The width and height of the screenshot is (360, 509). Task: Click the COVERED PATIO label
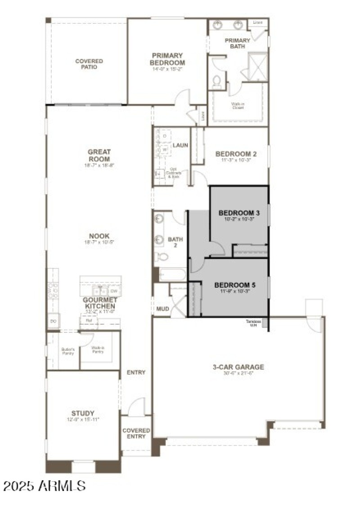pos(89,64)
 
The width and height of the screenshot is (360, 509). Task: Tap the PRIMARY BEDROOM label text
pos(167,59)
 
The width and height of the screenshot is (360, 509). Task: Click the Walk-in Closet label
pos(238,106)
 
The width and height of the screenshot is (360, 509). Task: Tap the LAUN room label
pos(180,145)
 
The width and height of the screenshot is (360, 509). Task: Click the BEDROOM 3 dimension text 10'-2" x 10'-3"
pos(239,220)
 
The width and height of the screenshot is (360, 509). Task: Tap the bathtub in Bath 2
pos(171,275)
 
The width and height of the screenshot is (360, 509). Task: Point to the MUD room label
pos(162,309)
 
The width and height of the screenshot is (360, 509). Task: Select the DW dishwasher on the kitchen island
pos(114,291)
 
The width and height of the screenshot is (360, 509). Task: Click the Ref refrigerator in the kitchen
pos(83,321)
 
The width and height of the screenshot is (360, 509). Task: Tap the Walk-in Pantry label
pos(98,350)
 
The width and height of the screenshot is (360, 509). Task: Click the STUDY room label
pos(83,413)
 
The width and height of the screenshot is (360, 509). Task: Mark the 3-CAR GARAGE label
pos(238,367)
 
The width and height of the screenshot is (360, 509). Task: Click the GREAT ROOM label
pos(99,156)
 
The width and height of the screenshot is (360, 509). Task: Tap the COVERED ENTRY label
pos(136,433)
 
